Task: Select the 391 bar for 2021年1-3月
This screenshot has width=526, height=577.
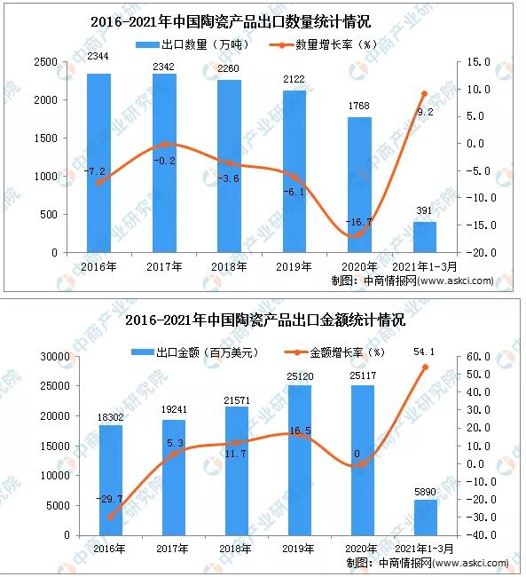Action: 425,237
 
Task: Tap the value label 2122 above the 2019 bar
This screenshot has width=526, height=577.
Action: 294,79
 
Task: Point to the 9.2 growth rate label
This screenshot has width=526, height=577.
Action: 424,112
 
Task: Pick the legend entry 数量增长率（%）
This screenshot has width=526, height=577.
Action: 334,43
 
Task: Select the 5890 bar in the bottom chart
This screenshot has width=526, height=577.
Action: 425,518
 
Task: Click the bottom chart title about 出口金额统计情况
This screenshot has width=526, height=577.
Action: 265,320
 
